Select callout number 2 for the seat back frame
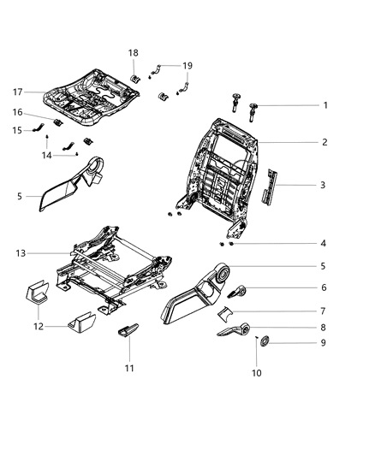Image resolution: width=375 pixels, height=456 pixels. (x=325, y=142)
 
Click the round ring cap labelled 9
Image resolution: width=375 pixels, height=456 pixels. (x=265, y=344)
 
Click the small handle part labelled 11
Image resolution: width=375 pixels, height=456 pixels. (x=128, y=331)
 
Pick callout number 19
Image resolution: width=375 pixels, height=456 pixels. (x=187, y=65)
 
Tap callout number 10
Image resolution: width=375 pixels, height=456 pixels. (x=257, y=374)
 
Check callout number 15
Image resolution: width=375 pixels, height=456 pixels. (x=17, y=130)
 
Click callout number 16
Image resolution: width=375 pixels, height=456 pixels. (x=17, y=112)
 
